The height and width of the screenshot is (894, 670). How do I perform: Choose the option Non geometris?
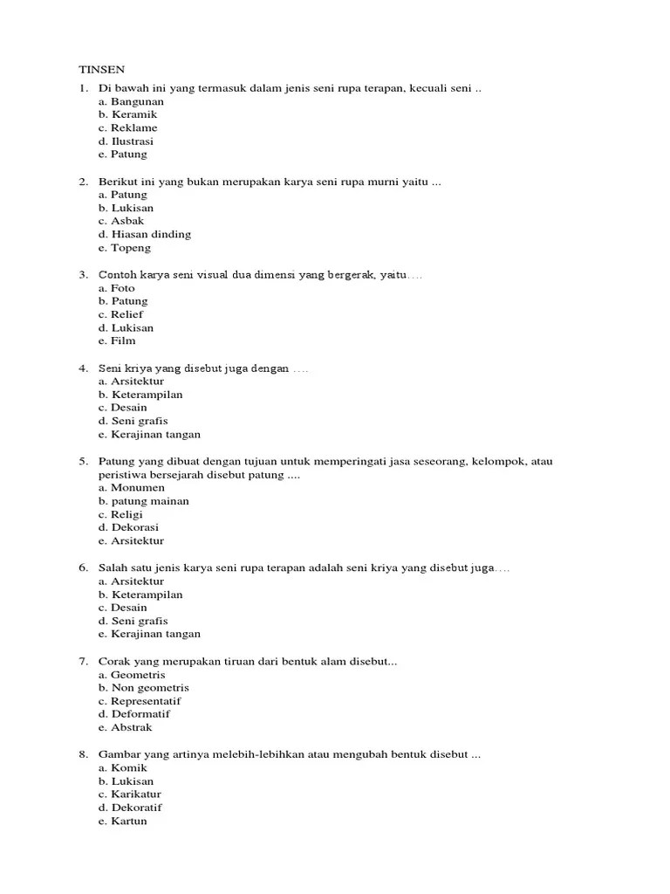coord(144,688)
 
